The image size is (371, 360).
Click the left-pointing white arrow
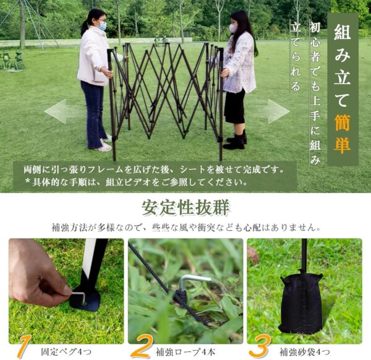pos(63,111)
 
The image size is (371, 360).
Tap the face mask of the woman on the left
pos(102,26)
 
